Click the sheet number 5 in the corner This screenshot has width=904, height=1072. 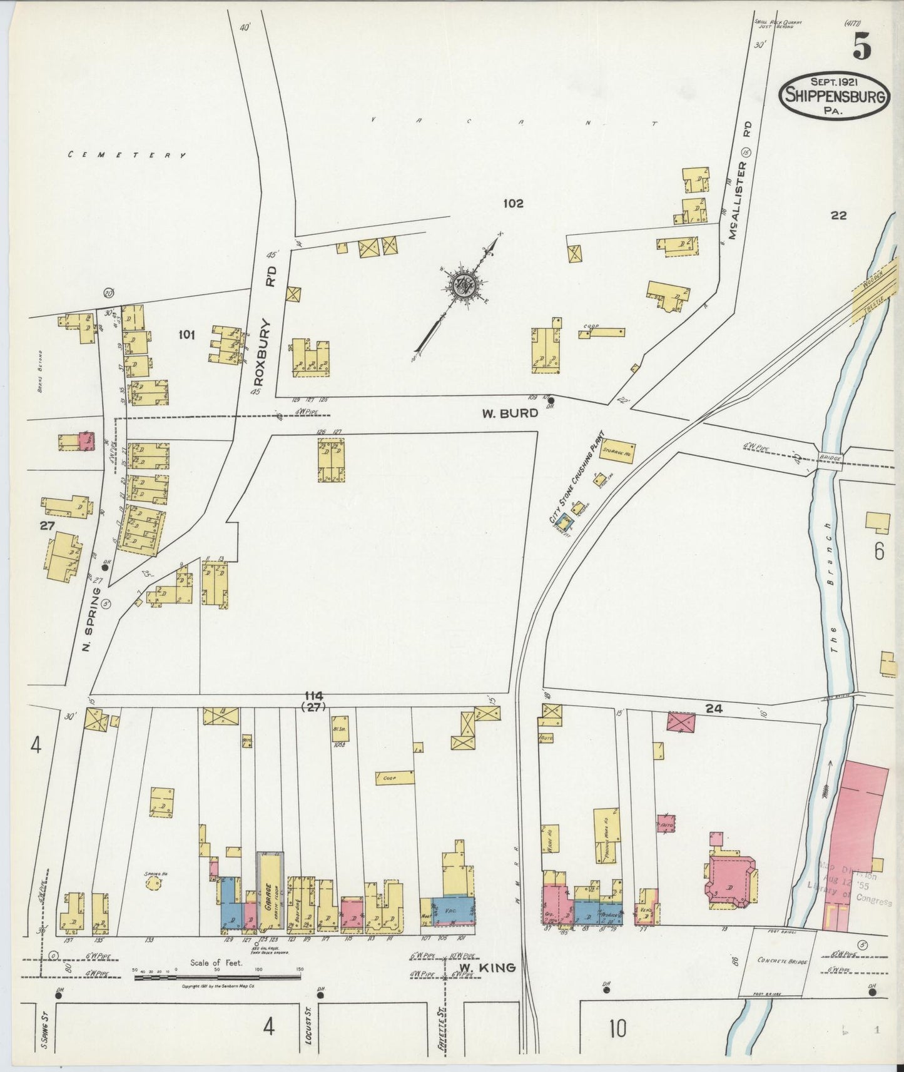[861, 47]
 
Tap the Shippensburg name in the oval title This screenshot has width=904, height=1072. [835, 96]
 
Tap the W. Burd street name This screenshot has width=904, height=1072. [510, 413]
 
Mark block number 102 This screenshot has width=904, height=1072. [512, 203]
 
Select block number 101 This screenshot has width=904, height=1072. [186, 335]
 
